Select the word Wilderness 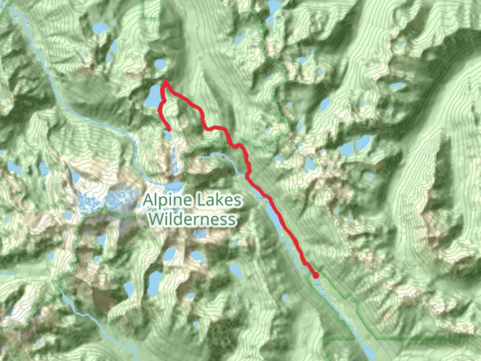pyautogui.click(x=192, y=219)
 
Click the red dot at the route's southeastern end pyautogui.click(x=315, y=275)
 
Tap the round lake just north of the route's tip pyautogui.click(x=160, y=64)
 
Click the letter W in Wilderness pyautogui.click(x=156, y=219)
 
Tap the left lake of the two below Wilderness pyautogui.click(x=170, y=255)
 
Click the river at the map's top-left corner pyautogui.click(x=13, y=12)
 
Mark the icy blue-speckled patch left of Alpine pyautogui.click(x=90, y=201)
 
